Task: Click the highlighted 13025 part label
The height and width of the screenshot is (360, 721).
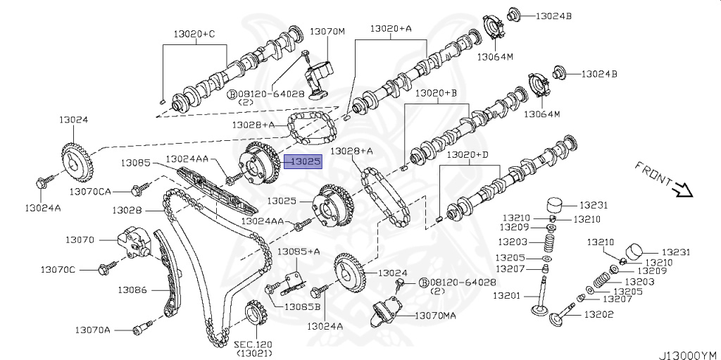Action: click(x=306, y=161)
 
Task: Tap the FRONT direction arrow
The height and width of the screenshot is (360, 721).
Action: click(x=683, y=188)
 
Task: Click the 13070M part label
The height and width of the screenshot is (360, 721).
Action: click(x=327, y=32)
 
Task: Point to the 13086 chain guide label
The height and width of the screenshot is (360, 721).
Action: click(x=132, y=289)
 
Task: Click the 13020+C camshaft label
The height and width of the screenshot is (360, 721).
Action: click(x=195, y=34)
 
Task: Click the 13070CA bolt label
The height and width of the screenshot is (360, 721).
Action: click(x=90, y=190)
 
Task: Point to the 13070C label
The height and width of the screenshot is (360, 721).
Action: click(x=58, y=269)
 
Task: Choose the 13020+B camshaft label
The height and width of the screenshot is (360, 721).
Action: click(x=436, y=92)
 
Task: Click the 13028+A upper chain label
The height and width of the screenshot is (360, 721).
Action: click(x=351, y=151)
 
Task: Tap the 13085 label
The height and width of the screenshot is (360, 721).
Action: click(x=134, y=163)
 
